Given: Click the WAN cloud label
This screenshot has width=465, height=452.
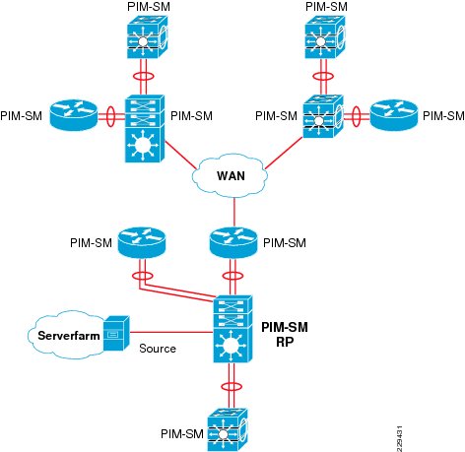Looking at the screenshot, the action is pos(231,176).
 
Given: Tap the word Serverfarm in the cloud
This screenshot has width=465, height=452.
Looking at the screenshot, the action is pos(69,336).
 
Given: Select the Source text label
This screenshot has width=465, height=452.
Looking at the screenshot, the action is pos(158,349).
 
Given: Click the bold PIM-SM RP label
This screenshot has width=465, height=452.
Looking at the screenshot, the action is pos(285,335).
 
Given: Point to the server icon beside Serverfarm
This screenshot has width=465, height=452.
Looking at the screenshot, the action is pos(116,333).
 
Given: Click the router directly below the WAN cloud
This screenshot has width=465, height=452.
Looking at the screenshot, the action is pos(233,243).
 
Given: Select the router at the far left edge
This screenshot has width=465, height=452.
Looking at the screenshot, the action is pos(74,115).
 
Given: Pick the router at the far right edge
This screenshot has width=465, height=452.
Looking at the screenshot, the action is pos(394,115).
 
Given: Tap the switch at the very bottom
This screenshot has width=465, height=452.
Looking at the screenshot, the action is pos(228,429).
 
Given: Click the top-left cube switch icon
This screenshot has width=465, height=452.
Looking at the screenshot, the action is pos(148,36).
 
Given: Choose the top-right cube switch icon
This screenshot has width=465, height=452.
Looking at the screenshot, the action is pos(325,36).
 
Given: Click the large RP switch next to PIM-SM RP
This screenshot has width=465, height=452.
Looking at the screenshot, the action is pos(232,329).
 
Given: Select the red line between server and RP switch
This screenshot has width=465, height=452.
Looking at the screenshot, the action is pos(171,333).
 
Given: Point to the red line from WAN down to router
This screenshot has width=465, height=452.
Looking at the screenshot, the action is pos(234,213).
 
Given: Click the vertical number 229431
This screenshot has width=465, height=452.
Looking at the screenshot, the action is pos(399,438).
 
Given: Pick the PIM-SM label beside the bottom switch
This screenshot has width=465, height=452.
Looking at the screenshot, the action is pos(182,433).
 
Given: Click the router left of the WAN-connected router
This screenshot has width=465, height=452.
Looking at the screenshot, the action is pos(142,243).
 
